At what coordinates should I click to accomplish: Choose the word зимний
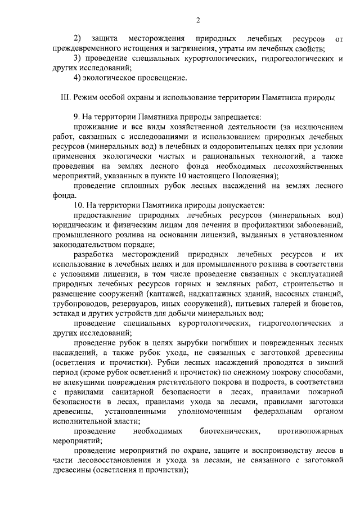coord(330,362)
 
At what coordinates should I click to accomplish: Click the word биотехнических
coord(229,431)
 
